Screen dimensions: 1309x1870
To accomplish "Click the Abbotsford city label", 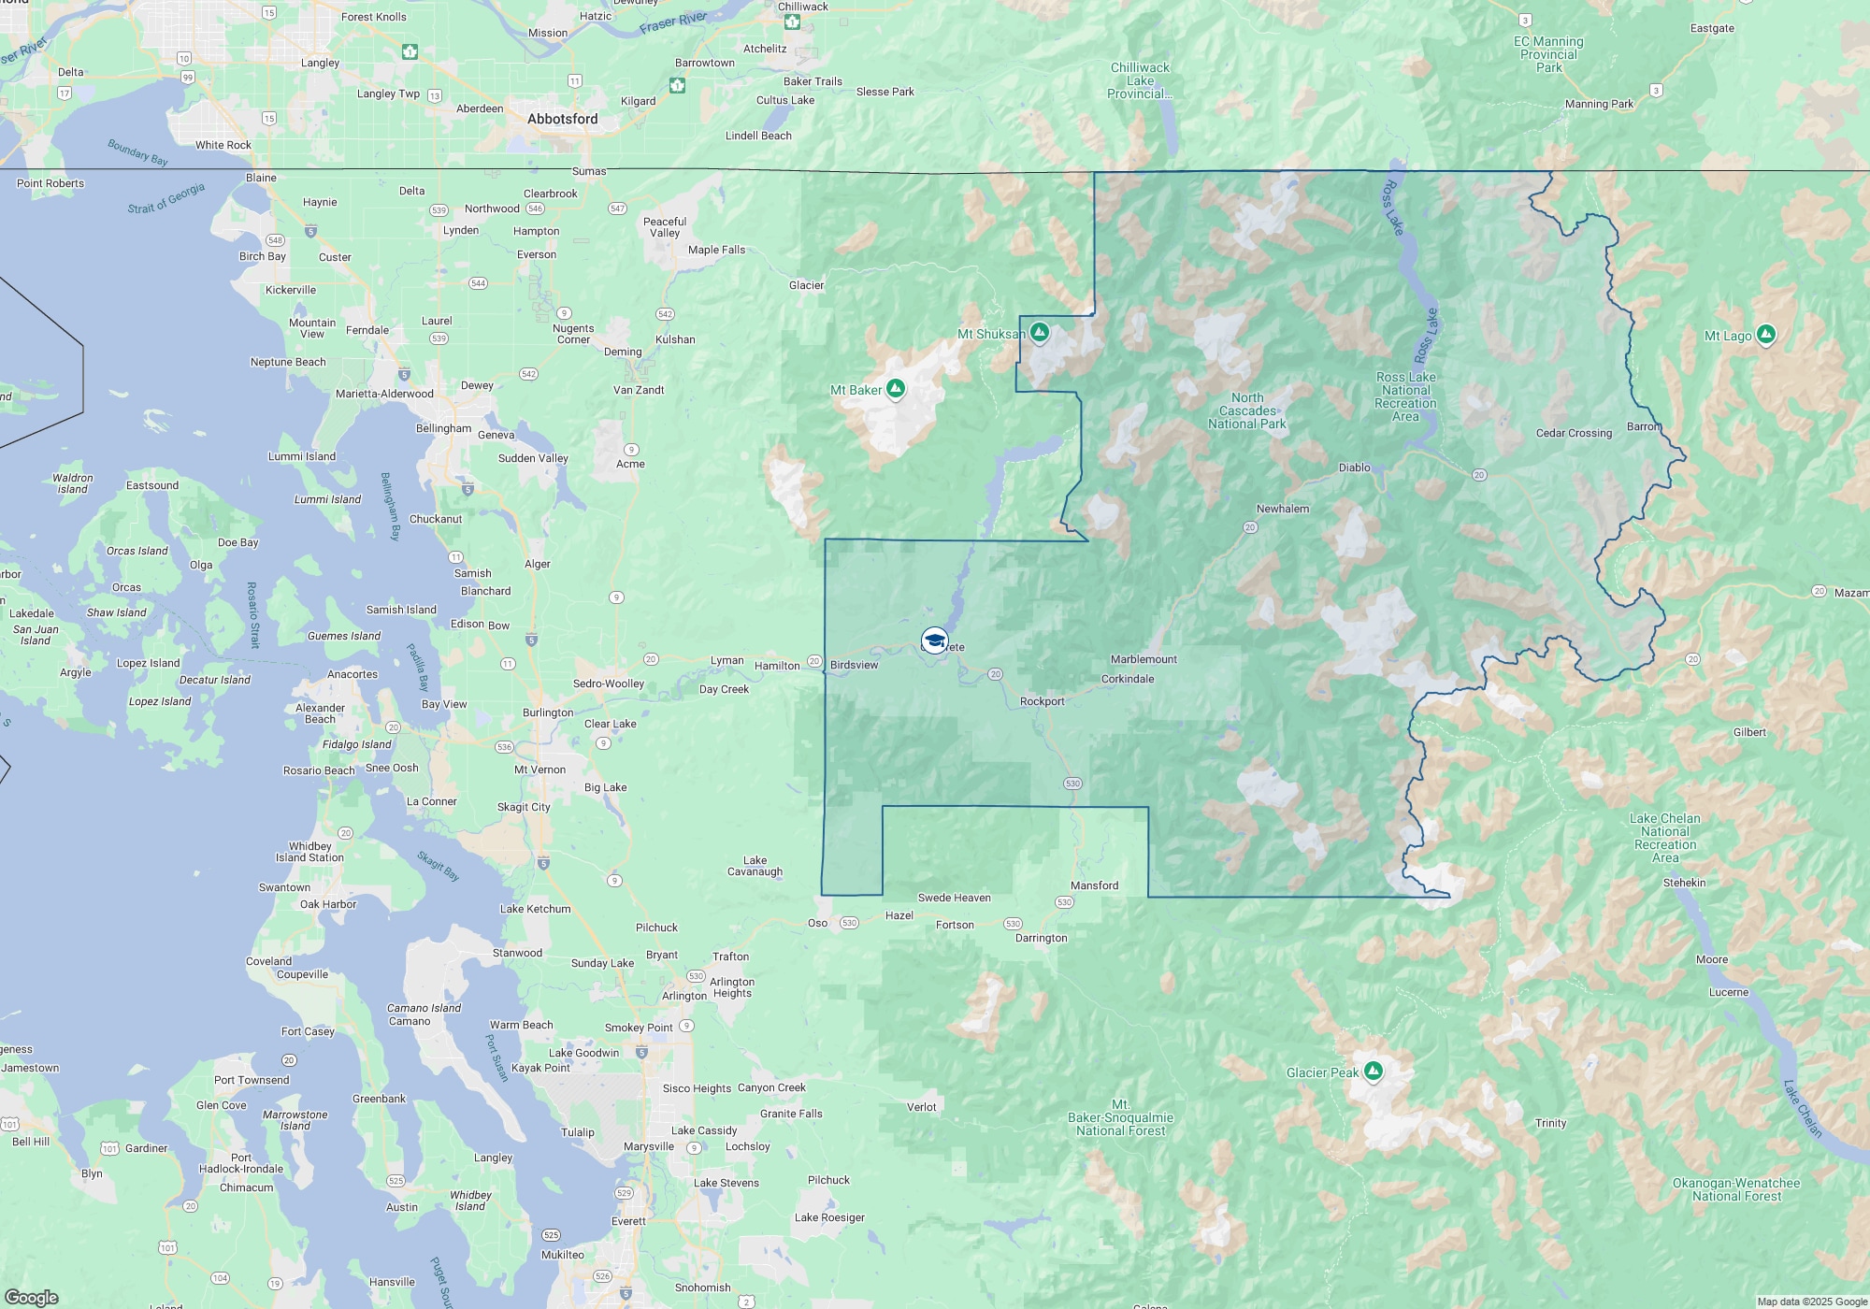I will pyautogui.click(x=562, y=119).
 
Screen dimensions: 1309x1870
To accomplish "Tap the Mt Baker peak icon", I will pyautogui.click(x=895, y=388).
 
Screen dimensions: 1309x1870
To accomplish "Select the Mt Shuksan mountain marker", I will pyautogui.click(x=1039, y=332).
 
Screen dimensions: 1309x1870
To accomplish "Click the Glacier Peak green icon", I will pyautogui.click(x=1373, y=1071).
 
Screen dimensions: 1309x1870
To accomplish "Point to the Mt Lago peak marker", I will pyautogui.click(x=1765, y=334).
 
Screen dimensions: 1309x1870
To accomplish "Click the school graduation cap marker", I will pyautogui.click(x=934, y=640).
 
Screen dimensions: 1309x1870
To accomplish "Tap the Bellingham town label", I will pyautogui.click(x=443, y=428).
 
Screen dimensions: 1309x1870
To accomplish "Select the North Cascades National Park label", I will pyautogui.click(x=1246, y=410).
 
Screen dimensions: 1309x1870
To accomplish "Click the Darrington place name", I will pyautogui.click(x=1041, y=938).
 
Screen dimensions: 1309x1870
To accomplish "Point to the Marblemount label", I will pyautogui.click(x=1144, y=659).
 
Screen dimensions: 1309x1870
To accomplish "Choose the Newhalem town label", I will pyautogui.click(x=1282, y=509).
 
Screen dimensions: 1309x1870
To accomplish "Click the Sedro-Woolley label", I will pyautogui.click(x=609, y=683).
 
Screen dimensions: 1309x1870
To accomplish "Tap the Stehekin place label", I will pyautogui.click(x=1684, y=883).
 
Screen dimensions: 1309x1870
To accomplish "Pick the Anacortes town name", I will pyautogui.click(x=352, y=674).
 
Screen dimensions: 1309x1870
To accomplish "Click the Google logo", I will pyautogui.click(x=32, y=1298).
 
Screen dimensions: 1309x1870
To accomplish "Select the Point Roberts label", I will pyautogui.click(x=50, y=183).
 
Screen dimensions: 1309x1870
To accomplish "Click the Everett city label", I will pyautogui.click(x=628, y=1221).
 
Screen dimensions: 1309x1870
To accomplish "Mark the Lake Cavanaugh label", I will pyautogui.click(x=755, y=866).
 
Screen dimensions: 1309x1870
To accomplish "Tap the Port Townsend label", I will pyautogui.click(x=252, y=1080).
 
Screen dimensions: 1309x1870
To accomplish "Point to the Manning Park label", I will pyautogui.click(x=1599, y=104).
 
